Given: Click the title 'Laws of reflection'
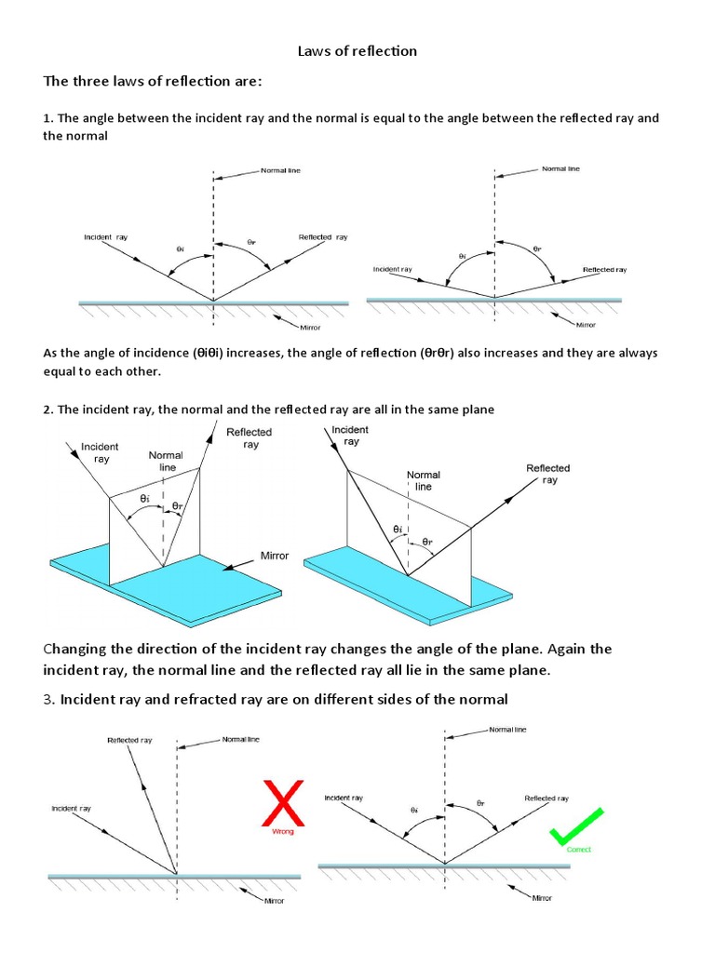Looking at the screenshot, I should click(357, 51).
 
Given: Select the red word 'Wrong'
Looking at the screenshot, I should click(282, 831).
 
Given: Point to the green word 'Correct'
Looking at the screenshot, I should click(578, 850).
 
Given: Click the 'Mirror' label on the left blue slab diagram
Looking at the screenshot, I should click(275, 556).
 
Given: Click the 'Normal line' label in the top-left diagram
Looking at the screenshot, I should click(280, 171).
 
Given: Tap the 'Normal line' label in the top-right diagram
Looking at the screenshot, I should click(560, 169).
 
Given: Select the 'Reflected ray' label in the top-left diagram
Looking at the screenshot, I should click(323, 237).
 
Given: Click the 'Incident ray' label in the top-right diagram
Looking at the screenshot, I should click(392, 270).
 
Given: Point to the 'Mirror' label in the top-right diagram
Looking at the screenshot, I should click(586, 325).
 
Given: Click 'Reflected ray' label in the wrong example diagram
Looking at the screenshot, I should click(129, 741).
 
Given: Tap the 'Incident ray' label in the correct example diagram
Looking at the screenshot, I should click(344, 799).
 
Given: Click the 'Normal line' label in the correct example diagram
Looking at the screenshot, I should click(507, 730).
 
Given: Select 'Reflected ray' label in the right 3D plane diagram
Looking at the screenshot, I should click(547, 474).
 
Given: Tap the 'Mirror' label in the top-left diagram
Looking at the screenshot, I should click(310, 329).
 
